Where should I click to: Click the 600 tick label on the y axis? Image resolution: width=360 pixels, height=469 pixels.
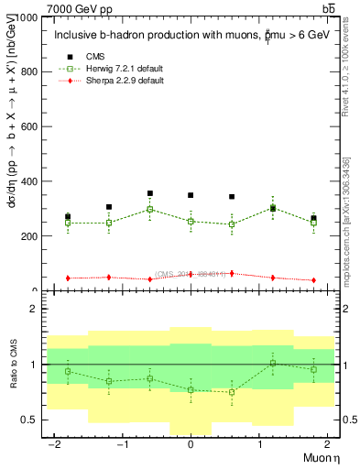(x=30, y=126)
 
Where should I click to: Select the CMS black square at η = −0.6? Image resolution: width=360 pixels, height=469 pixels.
(x=150, y=193)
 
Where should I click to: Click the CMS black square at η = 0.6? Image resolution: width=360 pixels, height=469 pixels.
(x=232, y=197)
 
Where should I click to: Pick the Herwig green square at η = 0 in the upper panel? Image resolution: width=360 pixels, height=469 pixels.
(x=191, y=222)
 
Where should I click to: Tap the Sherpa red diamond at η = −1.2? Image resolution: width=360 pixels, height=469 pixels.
(x=109, y=277)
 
